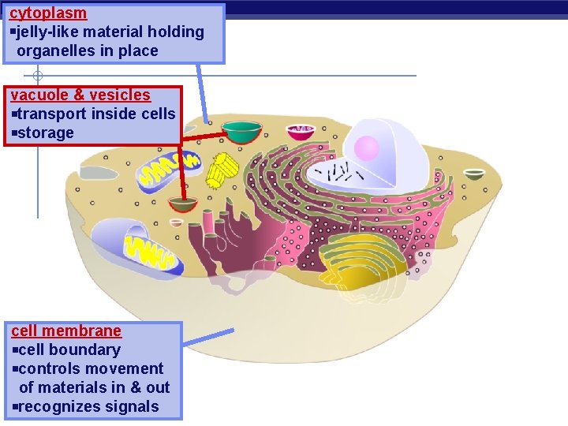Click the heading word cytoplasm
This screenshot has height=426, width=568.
tap(48, 13)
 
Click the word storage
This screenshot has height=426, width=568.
tap(45, 133)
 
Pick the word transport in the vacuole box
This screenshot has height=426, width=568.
tap(52, 114)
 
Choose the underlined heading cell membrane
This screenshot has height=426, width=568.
tap(66, 331)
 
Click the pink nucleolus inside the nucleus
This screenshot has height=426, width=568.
tap(367, 148)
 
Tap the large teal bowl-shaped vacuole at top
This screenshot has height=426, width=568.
tap(241, 131)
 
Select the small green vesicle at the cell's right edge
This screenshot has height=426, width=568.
tap(474, 174)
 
